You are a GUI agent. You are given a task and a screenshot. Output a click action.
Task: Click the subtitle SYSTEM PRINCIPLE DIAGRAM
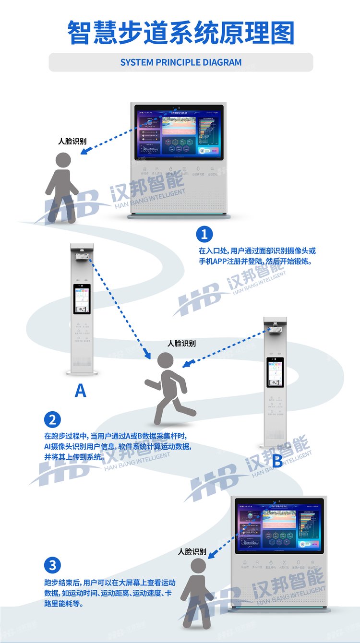click(180, 62)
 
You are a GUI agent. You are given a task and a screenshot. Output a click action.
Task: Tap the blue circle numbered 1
click(204, 234)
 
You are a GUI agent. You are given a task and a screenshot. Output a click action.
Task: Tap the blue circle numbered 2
click(52, 420)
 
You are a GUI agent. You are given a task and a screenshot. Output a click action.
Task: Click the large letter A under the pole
click(81, 391)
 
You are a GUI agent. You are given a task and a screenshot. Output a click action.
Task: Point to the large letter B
click(277, 462)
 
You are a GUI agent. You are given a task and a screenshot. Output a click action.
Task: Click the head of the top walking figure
click(63, 161)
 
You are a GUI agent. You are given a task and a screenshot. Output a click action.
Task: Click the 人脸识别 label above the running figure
click(181, 344)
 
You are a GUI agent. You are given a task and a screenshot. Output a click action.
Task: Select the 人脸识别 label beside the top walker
click(72, 142)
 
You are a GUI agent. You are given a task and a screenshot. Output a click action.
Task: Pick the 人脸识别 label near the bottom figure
click(192, 552)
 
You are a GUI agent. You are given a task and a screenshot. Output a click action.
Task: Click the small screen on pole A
click(82, 298)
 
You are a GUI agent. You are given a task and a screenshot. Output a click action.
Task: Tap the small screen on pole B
click(275, 372)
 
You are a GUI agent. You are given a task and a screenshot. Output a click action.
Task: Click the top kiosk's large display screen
click(179, 132)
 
